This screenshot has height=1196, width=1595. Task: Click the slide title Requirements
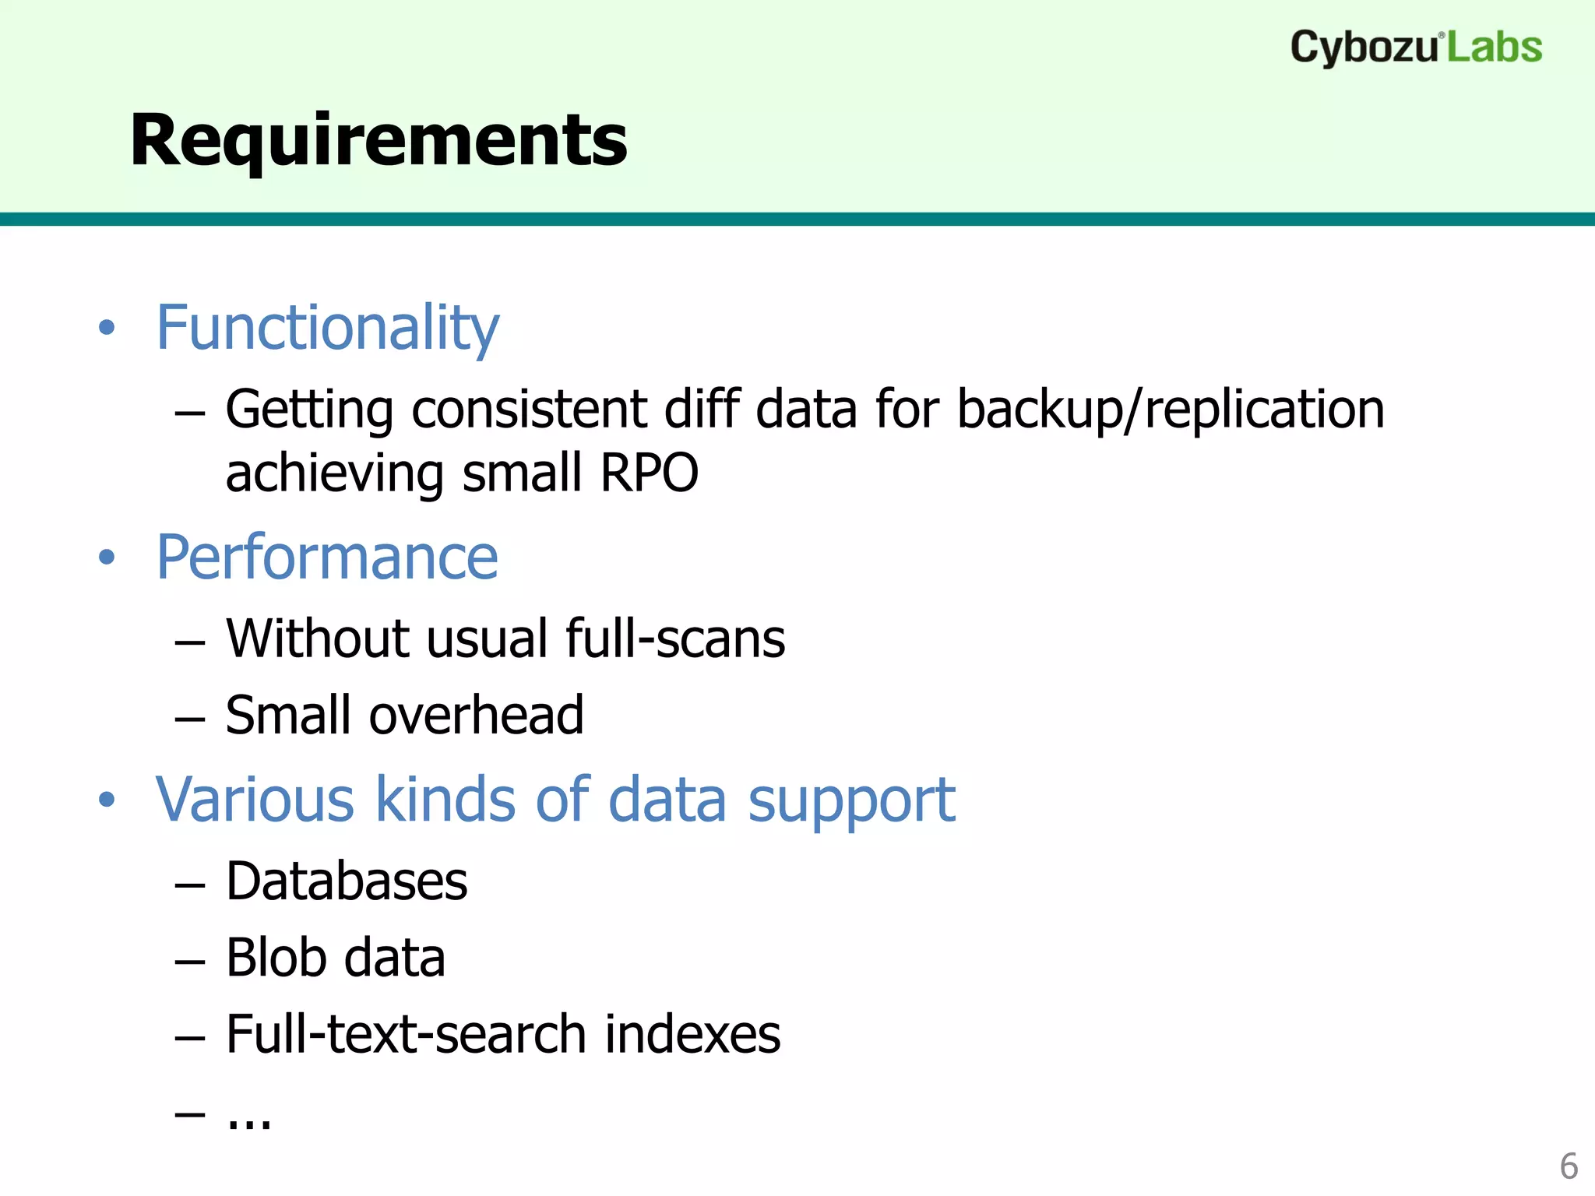pos(379,141)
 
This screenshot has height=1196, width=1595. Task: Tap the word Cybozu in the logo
pos(1363,48)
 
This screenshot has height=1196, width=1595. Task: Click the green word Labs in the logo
pos(1495,48)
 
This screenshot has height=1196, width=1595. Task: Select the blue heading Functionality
pos(327,329)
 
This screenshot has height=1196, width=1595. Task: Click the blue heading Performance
pos(327,558)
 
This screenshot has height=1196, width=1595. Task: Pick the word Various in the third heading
pos(255,800)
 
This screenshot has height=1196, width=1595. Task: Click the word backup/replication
pos(1170,410)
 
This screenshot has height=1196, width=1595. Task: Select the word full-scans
pos(675,638)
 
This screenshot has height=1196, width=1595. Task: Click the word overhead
pos(476,716)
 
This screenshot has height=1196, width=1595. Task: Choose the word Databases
pos(347,881)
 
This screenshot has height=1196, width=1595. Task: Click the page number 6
pos(1569,1166)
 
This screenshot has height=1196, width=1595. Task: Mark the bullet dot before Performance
pos(107,558)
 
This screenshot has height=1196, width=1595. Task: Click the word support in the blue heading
pos(850,801)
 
